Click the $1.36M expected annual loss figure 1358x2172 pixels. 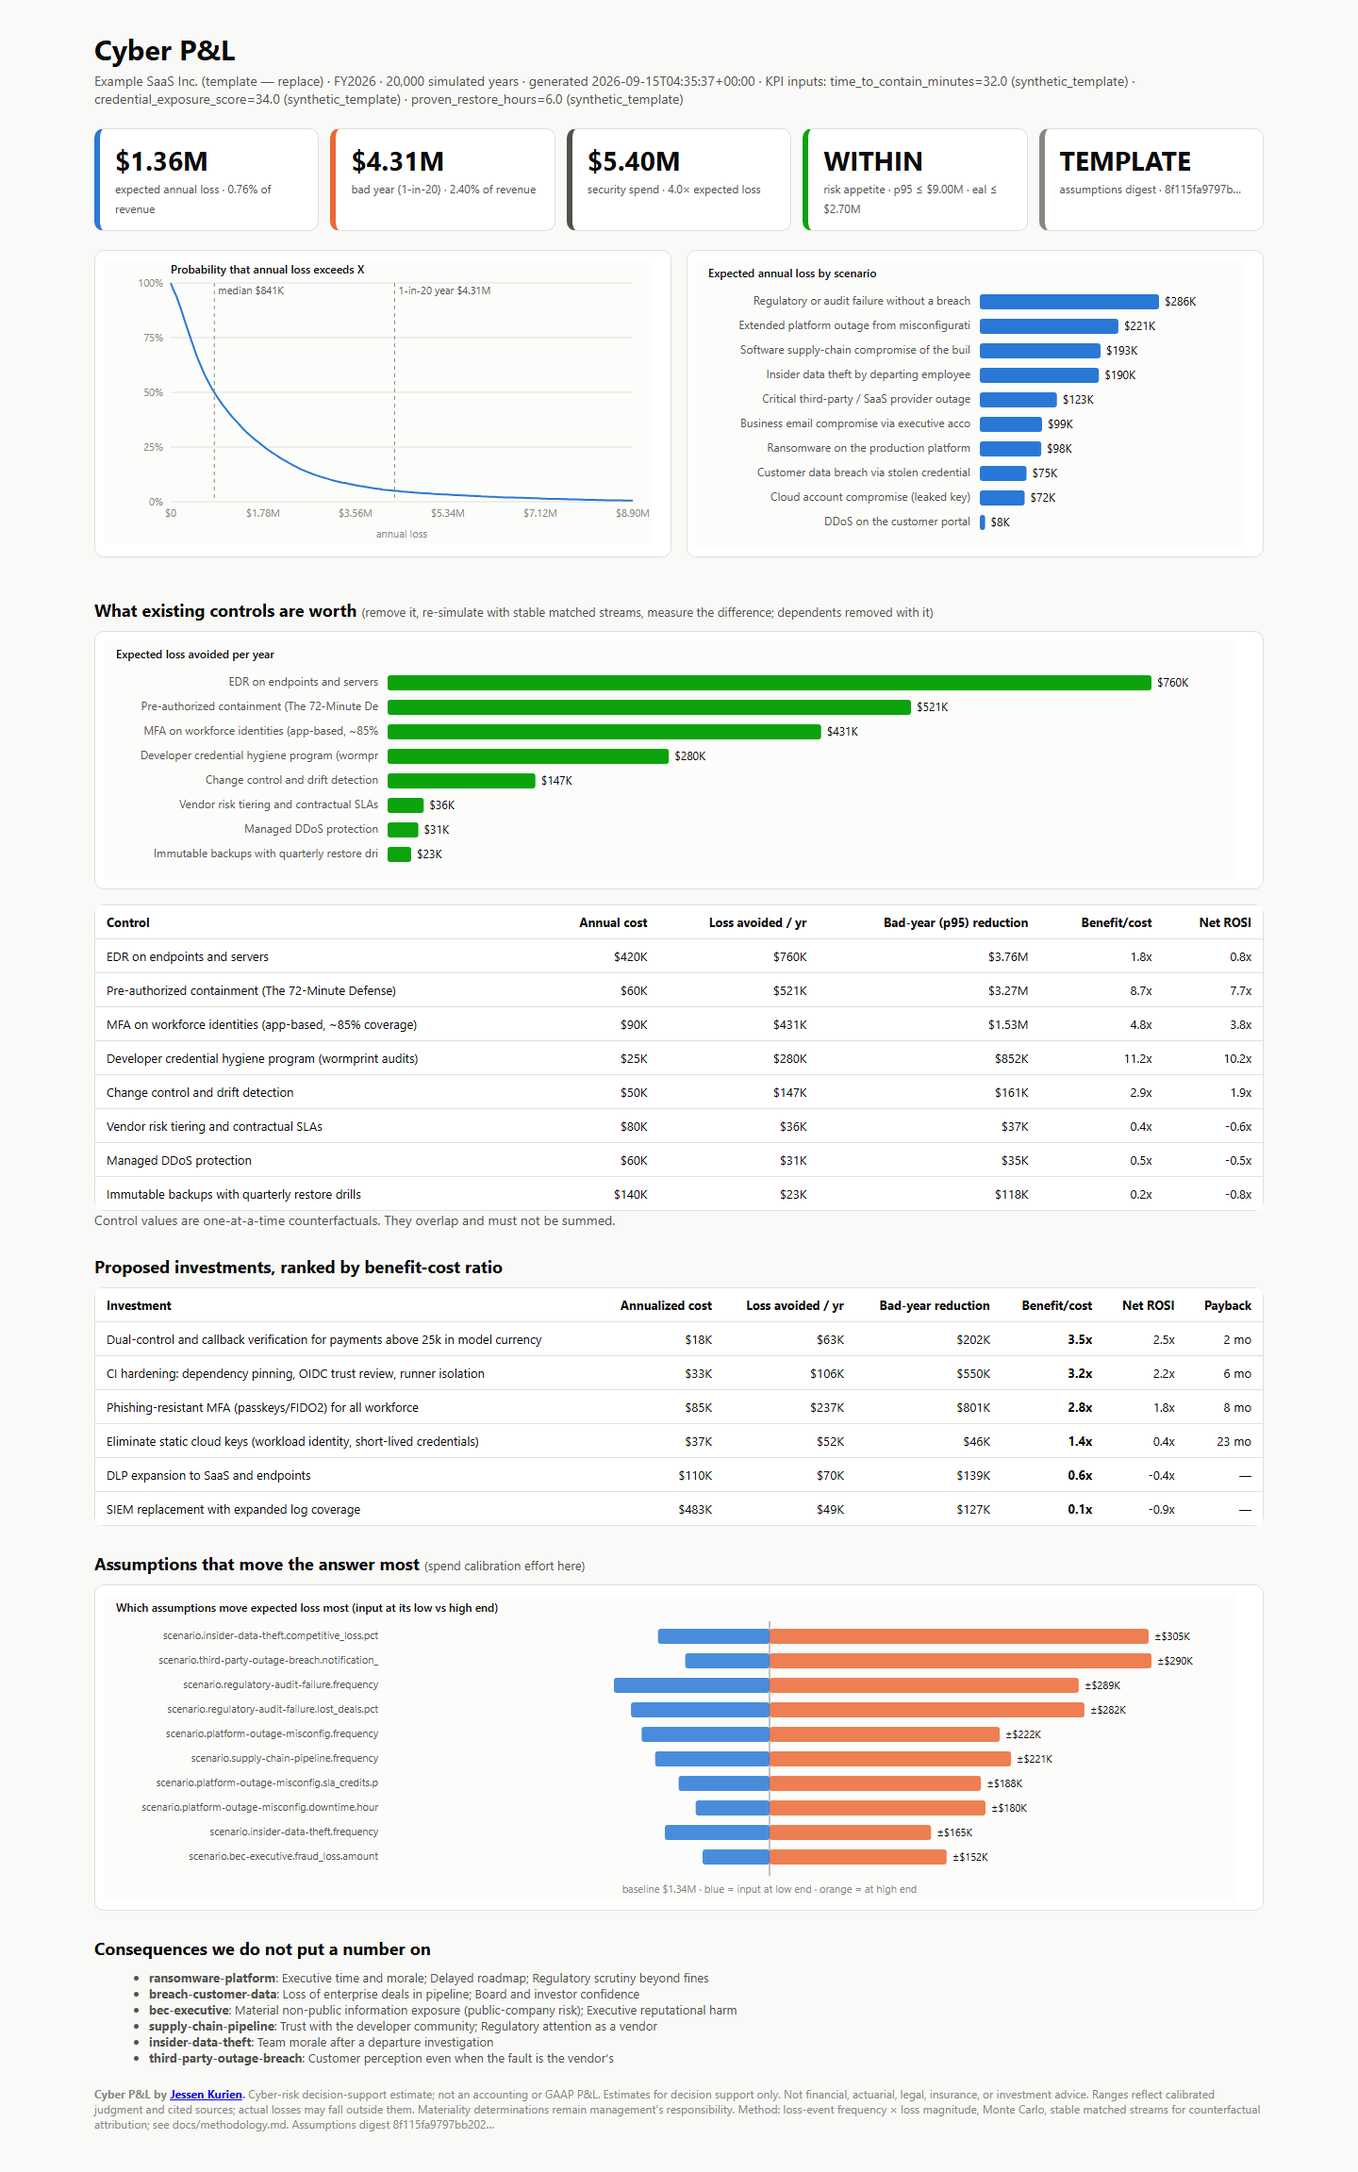[161, 161]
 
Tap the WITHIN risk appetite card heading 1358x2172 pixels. [872, 161]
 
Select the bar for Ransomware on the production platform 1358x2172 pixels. [1010, 449]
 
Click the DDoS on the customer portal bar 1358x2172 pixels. [983, 522]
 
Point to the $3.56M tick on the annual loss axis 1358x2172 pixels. [356, 513]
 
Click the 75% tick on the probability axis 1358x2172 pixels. [153, 338]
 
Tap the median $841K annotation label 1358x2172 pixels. [251, 290]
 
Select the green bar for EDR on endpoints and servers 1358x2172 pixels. [770, 683]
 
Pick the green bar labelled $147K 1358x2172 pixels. [461, 781]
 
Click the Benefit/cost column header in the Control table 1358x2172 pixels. [1117, 922]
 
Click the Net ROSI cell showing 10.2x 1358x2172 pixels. [1237, 1059]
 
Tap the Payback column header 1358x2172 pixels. [1228, 1306]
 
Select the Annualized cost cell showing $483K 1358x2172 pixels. [695, 1510]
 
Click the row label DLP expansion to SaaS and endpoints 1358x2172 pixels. [208, 1476]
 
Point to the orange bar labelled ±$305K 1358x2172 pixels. [959, 1636]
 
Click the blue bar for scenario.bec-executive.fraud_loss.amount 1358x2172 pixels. [736, 1857]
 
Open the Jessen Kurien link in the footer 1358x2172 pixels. [206, 2095]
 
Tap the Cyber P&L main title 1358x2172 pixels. [164, 51]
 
